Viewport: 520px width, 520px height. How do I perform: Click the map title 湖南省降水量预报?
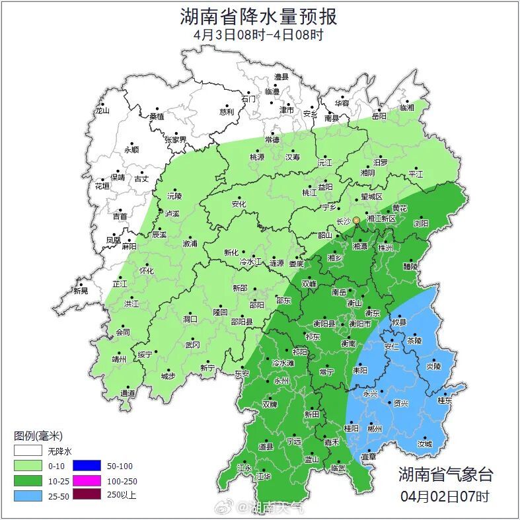click(x=259, y=16)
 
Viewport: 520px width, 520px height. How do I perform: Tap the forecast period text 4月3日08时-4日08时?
click(x=259, y=35)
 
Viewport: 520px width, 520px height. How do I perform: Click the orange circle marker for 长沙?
click(x=356, y=220)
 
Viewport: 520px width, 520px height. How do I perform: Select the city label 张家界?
click(x=176, y=140)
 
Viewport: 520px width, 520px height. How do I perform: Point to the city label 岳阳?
click(x=379, y=116)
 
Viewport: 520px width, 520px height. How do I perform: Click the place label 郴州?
click(x=375, y=429)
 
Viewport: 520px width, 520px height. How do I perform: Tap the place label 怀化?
click(x=147, y=271)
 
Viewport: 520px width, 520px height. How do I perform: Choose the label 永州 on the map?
click(x=281, y=381)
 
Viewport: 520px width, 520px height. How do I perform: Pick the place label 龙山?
click(x=102, y=111)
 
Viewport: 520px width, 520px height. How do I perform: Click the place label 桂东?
click(x=445, y=400)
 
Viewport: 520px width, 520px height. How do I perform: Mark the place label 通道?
click(x=128, y=394)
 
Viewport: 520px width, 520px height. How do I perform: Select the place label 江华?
click(x=264, y=476)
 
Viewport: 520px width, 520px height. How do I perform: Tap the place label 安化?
click(x=239, y=204)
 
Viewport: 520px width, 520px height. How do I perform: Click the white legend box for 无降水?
click(x=29, y=451)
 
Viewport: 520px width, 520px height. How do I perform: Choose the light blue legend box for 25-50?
click(x=29, y=494)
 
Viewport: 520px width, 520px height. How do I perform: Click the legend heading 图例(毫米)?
click(x=38, y=436)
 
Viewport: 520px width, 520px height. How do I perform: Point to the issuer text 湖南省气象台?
click(x=445, y=474)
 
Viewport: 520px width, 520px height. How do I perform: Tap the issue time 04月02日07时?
click(x=445, y=496)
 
